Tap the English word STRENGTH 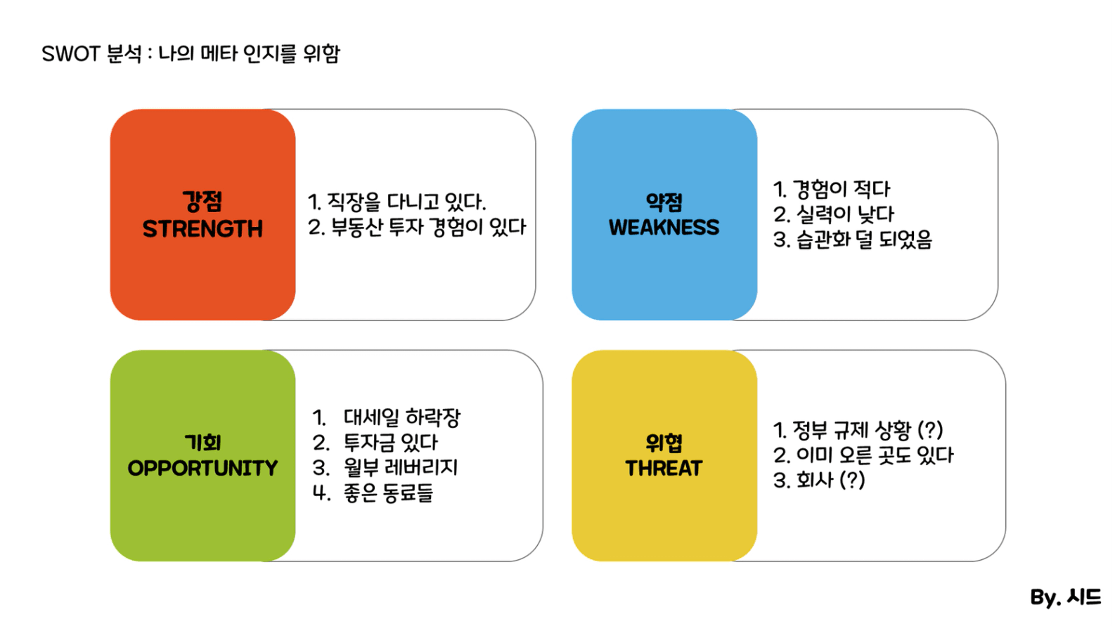pos(202,229)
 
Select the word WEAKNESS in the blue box pos(664,228)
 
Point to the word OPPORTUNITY pos(202,468)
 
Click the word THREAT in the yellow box pos(664,468)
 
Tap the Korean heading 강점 pos(202,202)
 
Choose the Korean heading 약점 pos(664,202)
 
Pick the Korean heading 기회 pos(202,443)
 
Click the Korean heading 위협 pos(664,443)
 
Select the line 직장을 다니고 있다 pos(406,202)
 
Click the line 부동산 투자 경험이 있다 pos(429,228)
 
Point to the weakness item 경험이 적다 pos(842,189)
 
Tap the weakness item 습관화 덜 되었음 pos(864,240)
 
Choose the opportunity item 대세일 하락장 pos(402,417)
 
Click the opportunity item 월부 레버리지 pos(401,468)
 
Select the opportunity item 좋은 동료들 pos(388,493)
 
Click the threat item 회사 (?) pos(831,481)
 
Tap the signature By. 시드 pos(1065,596)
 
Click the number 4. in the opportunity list pos(321,493)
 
